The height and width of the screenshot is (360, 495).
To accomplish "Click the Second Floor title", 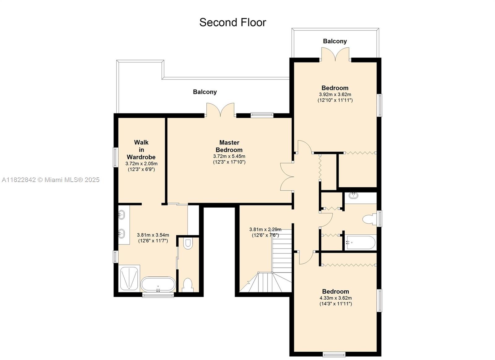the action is [x=233, y=23].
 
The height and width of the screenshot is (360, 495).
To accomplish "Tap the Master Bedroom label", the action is [x=229, y=146].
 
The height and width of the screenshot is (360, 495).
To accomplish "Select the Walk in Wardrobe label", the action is [x=141, y=150].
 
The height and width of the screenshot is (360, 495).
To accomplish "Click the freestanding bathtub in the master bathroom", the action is [x=158, y=284].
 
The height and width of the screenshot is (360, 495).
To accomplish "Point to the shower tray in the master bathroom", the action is [x=129, y=278].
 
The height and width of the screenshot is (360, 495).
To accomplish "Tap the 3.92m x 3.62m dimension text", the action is [x=335, y=94].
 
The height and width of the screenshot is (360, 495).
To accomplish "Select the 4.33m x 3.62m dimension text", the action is [x=336, y=298].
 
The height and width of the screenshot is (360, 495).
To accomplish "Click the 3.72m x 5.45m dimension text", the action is [x=229, y=156].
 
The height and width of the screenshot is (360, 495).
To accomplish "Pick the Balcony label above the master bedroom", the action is [x=205, y=92].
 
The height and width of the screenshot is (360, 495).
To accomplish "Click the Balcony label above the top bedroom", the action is [x=335, y=41].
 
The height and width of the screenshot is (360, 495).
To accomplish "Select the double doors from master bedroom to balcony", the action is [x=220, y=110].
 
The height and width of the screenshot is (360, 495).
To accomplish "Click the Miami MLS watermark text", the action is [x=51, y=180].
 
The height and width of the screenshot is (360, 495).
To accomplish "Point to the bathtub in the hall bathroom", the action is [x=361, y=243].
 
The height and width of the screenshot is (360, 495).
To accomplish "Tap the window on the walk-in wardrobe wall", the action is [x=116, y=157].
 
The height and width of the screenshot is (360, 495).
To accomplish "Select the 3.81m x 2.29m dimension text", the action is [x=265, y=229].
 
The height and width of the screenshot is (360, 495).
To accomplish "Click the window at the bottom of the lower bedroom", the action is [x=334, y=354].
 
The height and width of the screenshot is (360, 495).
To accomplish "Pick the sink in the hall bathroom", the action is [x=354, y=195].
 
